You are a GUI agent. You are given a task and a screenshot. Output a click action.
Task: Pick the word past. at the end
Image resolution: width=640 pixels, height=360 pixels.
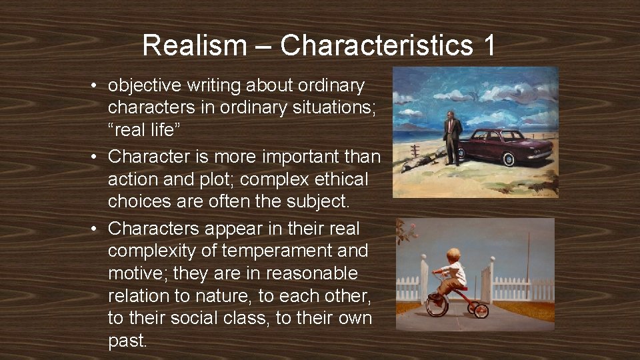127,341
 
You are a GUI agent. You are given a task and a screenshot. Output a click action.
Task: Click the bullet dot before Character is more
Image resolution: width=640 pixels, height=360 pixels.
97,157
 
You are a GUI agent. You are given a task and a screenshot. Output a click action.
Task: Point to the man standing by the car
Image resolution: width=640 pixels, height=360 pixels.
453,137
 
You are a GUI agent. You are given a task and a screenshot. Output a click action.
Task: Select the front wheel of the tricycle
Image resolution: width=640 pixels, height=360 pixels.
437,305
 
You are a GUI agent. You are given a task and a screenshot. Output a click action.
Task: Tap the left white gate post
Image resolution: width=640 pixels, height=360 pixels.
424,280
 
